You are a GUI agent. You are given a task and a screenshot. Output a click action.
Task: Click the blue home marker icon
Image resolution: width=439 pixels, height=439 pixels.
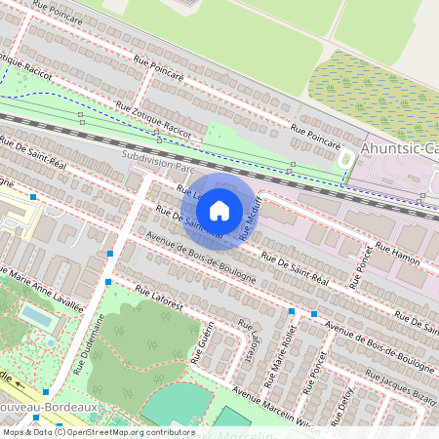coord(219,209)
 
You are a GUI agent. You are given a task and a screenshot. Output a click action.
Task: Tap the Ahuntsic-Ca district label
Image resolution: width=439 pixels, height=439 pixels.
coord(399,148)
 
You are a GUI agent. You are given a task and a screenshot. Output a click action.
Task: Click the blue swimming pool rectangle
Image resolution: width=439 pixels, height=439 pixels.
coord(38,318)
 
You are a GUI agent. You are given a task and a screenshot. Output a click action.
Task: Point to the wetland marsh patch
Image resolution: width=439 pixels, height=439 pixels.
coord(372,89)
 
